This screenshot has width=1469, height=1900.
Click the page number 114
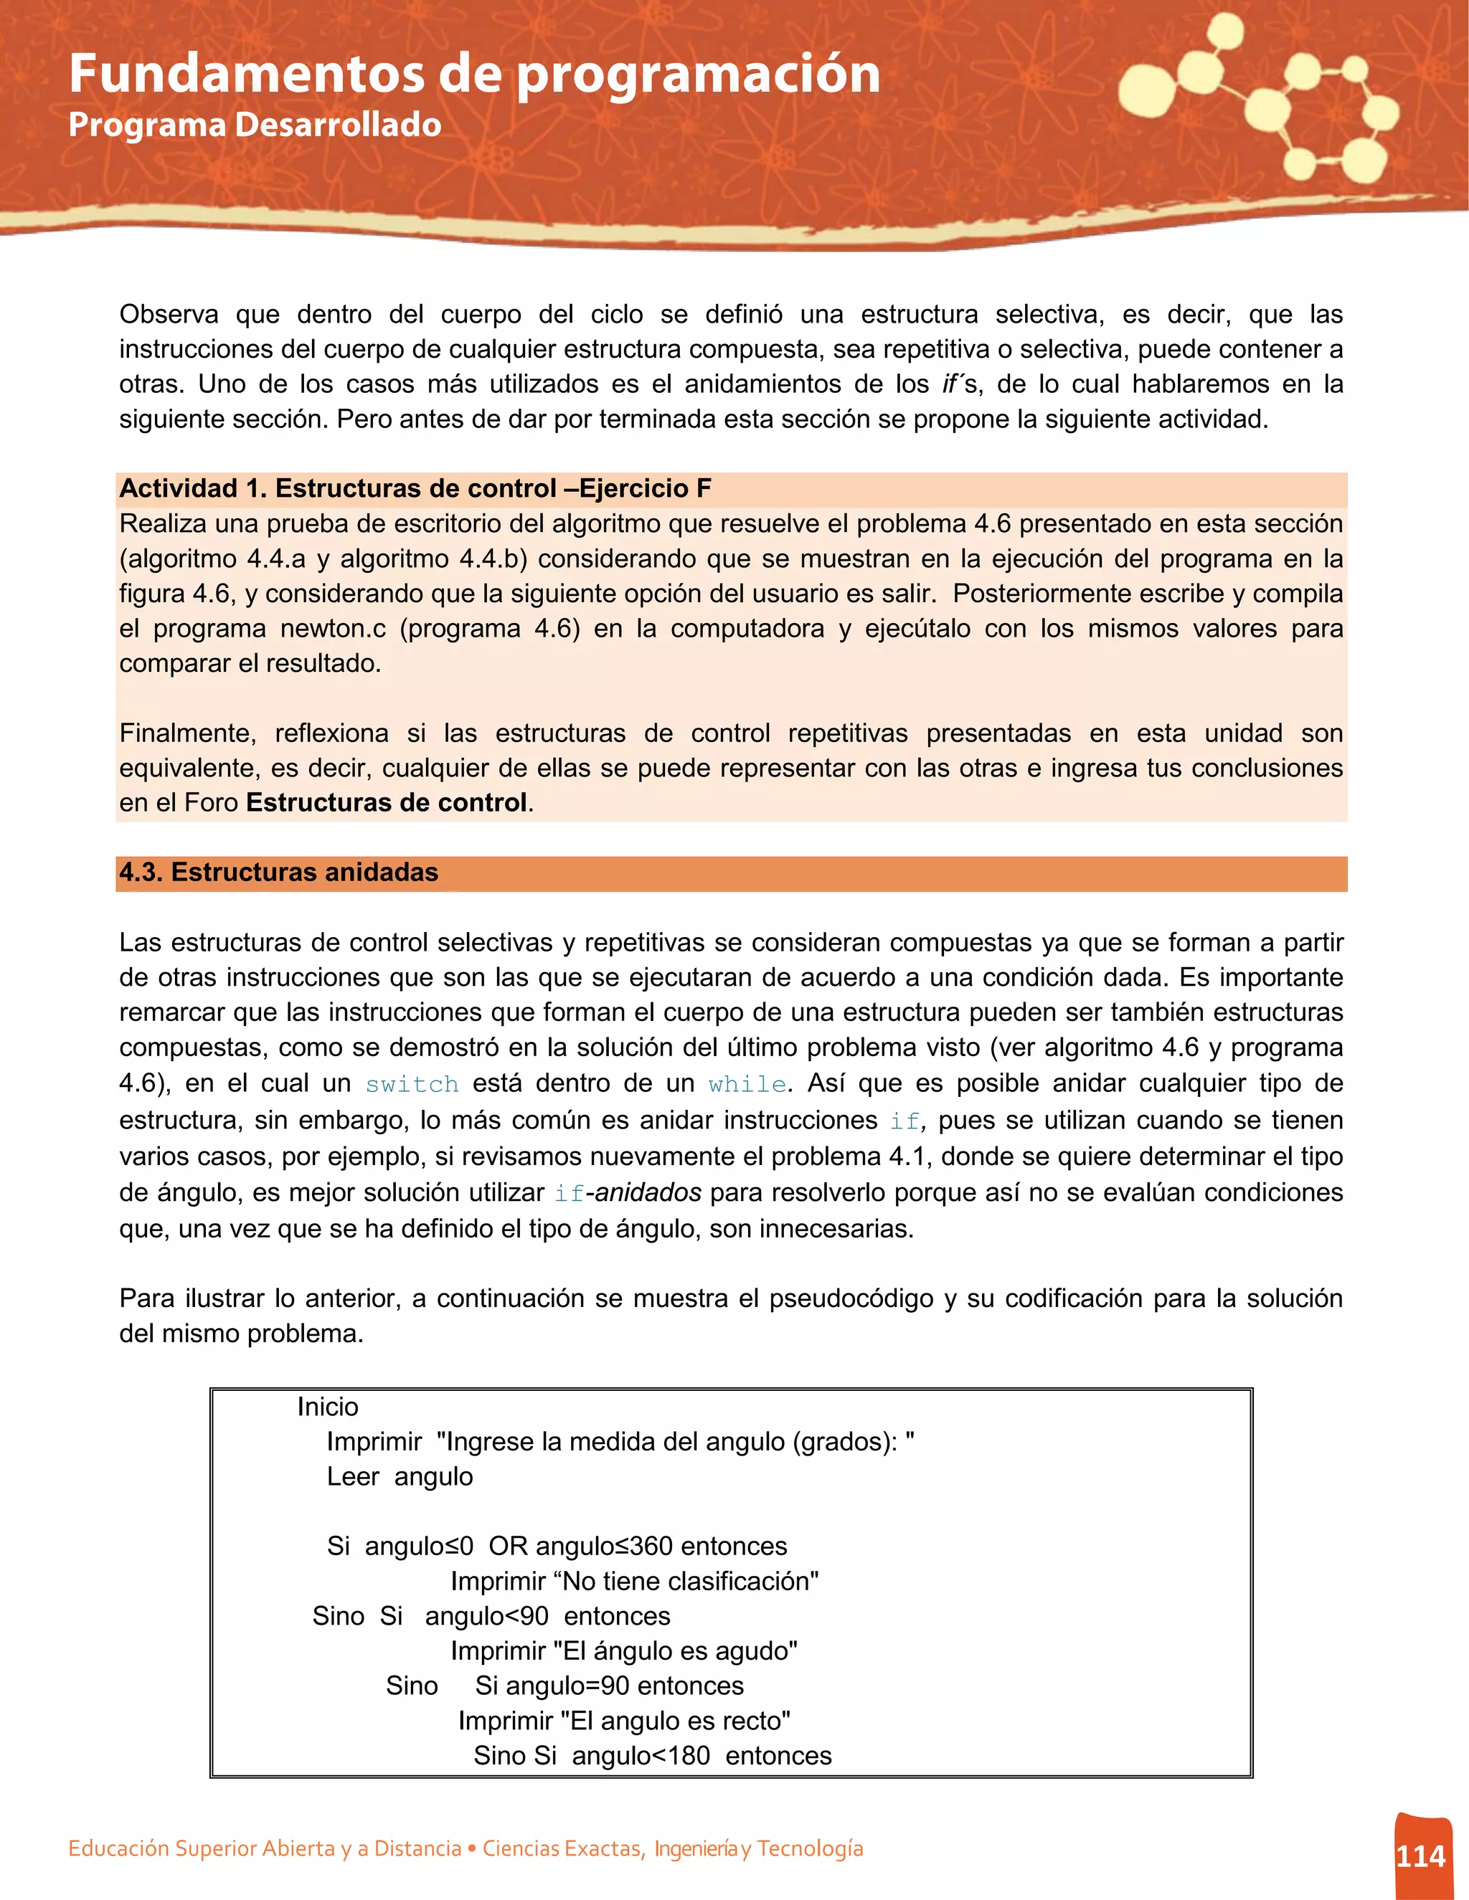click(1420, 1856)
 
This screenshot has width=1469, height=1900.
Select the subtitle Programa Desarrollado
click(254, 125)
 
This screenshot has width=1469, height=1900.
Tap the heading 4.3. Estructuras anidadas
click(278, 873)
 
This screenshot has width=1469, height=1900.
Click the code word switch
click(412, 1084)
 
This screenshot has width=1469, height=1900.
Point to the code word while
click(747, 1084)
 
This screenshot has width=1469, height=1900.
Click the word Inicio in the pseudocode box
click(327, 1407)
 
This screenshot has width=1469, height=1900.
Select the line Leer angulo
click(400, 1476)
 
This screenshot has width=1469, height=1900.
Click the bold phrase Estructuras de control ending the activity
click(387, 802)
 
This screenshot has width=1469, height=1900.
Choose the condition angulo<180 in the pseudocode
click(641, 1756)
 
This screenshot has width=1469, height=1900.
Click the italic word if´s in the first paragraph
click(960, 384)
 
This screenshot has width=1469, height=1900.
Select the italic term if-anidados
click(628, 1193)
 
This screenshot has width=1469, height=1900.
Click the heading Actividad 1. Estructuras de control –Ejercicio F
click(415, 489)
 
